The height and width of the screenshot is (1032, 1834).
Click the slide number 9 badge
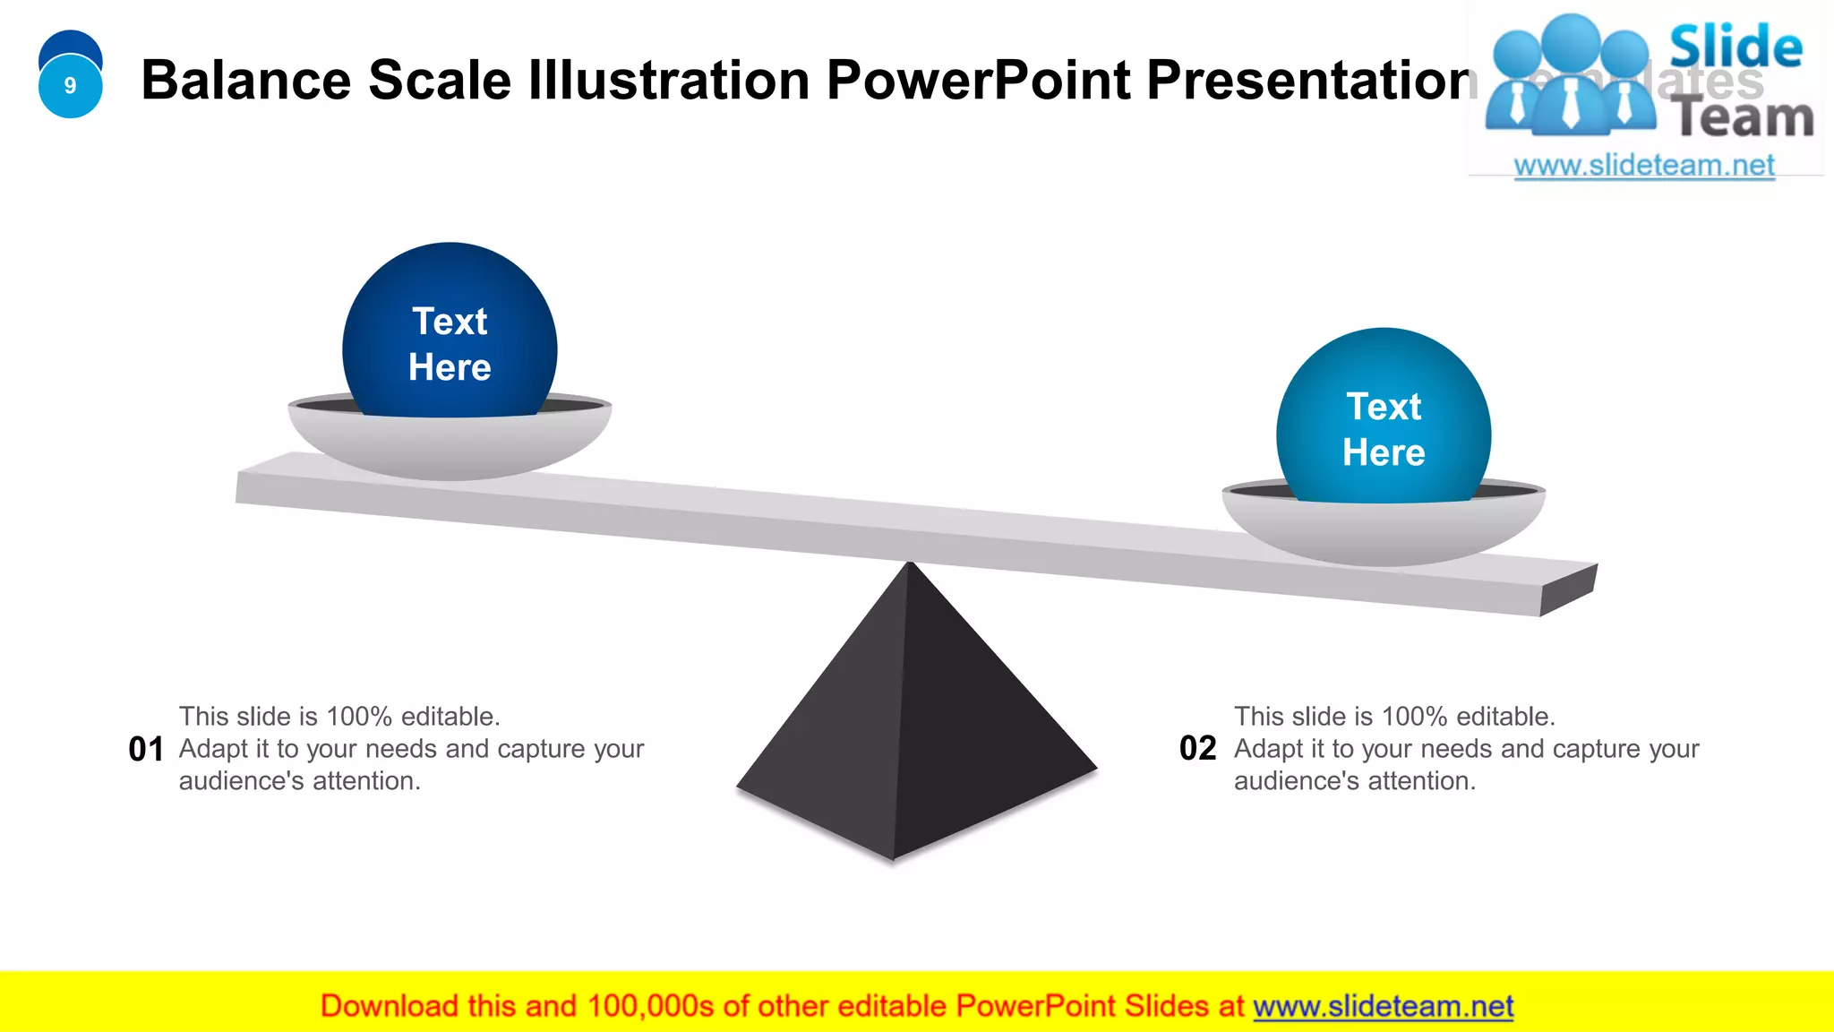pos(70,85)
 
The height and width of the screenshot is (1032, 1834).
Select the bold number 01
pos(146,749)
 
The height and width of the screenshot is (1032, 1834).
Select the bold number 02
pos(1197,748)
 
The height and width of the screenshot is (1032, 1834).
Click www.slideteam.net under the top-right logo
pos(1644,166)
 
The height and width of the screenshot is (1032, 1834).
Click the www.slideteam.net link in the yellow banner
pos(1383,1006)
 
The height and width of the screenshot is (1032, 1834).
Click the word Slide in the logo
pos(1735,47)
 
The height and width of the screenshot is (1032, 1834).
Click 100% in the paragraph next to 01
pos(359,717)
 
